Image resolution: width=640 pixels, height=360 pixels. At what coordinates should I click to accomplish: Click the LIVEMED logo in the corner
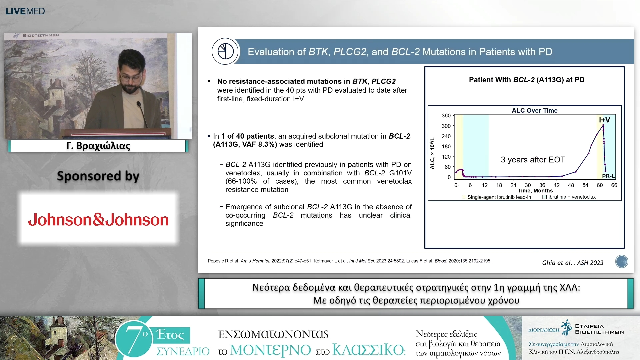(25, 11)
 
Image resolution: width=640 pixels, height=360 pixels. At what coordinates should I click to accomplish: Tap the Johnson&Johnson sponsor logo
(98, 220)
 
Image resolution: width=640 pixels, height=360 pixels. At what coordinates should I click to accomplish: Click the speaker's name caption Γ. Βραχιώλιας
(98, 146)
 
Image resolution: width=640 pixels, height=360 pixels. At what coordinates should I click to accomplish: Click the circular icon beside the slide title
(225, 51)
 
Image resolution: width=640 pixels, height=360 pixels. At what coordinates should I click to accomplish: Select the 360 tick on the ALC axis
(446, 116)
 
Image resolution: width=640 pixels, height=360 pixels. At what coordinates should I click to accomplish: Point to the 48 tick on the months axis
(571, 185)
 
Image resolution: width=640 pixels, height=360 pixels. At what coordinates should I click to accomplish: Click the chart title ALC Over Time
(535, 110)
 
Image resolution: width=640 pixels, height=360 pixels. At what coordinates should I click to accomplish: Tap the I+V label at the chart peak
(604, 120)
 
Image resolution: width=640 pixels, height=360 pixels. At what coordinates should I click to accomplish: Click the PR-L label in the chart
(608, 176)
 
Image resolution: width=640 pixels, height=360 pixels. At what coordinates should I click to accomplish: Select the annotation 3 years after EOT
(533, 160)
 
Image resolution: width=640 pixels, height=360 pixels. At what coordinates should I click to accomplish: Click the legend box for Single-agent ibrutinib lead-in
(464, 197)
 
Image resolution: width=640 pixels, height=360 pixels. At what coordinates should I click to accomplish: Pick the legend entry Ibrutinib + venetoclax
(569, 197)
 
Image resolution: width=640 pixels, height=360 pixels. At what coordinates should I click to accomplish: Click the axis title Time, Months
(535, 191)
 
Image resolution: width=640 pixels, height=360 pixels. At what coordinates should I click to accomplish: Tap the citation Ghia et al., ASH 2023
(573, 263)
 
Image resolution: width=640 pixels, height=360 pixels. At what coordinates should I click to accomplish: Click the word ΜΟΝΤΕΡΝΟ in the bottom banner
(270, 350)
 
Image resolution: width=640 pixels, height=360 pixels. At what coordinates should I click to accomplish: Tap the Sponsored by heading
(98, 176)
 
